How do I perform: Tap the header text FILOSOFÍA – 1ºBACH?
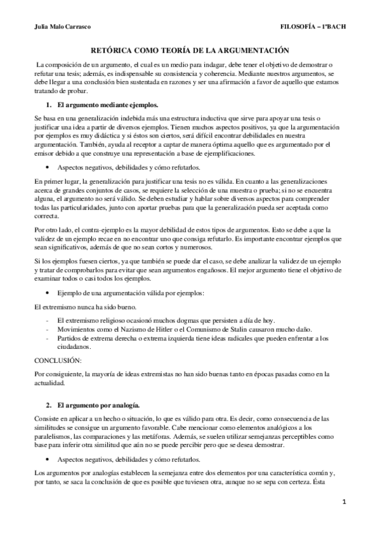(x=315, y=27)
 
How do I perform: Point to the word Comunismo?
(x=198, y=330)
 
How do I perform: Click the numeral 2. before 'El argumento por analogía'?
(x=48, y=403)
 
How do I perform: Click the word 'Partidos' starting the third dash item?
(x=70, y=339)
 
